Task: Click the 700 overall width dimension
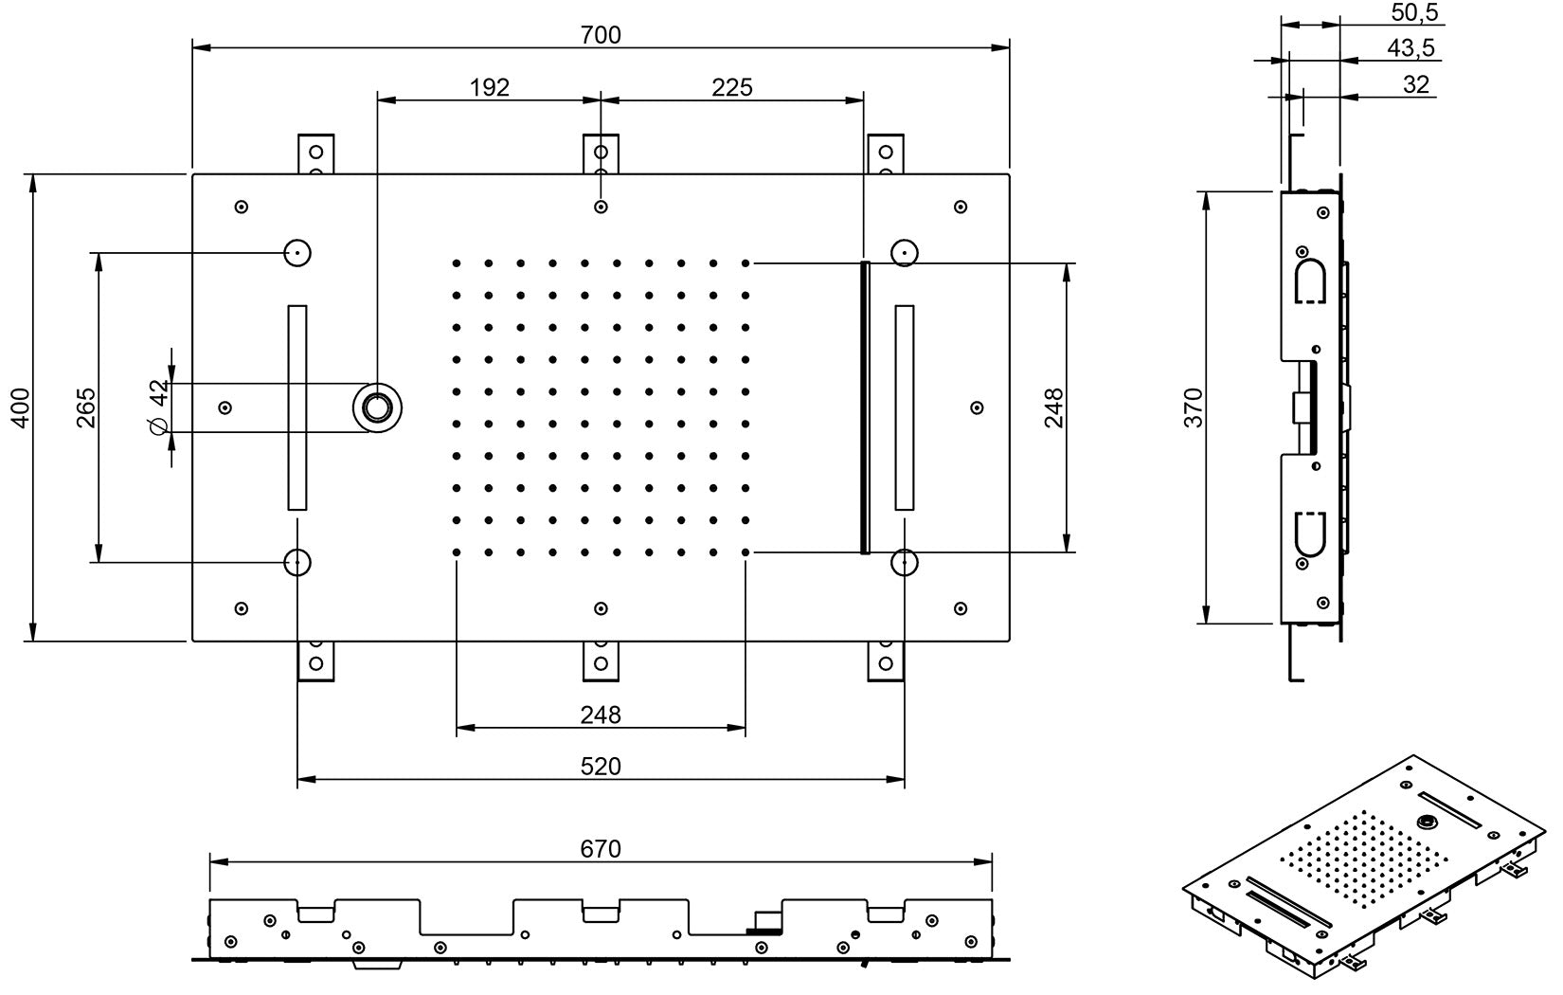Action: coord(601,35)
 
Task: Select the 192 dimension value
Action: coord(489,87)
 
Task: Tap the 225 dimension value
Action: coord(732,87)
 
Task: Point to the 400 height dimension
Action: coord(20,407)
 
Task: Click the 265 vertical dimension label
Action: coord(85,407)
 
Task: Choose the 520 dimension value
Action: coord(601,765)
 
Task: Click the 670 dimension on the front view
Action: coord(601,848)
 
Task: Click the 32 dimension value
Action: coord(1415,83)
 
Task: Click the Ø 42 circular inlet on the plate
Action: coord(377,407)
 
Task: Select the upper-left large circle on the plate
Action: coord(297,253)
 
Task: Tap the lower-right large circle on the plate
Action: coord(905,562)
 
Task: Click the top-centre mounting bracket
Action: coord(601,154)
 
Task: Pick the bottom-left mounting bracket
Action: coord(315,660)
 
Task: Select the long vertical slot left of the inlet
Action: coord(297,407)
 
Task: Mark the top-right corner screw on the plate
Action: coord(960,207)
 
